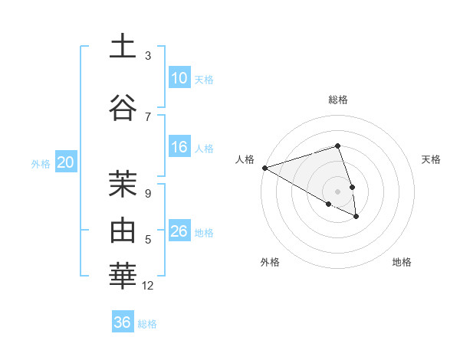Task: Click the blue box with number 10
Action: point(179,78)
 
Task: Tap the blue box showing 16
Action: point(179,147)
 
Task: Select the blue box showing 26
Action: point(179,231)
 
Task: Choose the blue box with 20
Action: point(66,162)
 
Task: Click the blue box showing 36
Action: point(123,322)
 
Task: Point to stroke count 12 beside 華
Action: point(148,286)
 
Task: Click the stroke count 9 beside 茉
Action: point(148,194)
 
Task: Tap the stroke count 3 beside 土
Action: point(148,56)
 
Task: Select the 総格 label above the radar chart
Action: point(338,100)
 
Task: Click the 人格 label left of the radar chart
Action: point(245,159)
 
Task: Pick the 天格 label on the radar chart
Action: point(431,159)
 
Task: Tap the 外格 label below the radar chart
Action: point(270,262)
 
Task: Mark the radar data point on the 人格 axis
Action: point(264,168)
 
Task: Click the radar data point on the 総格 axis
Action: point(337,146)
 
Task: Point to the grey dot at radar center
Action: point(337,191)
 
